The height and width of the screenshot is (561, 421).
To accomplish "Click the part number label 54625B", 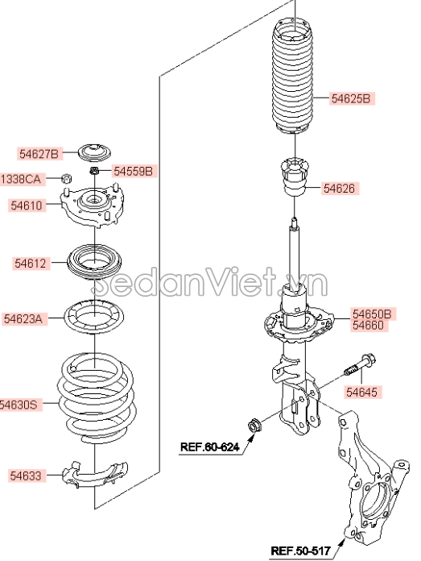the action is [x=352, y=98].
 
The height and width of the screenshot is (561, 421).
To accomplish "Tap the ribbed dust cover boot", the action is [x=293, y=80].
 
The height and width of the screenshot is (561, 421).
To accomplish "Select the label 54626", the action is [x=340, y=188].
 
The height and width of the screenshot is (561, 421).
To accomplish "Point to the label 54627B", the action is [x=39, y=154].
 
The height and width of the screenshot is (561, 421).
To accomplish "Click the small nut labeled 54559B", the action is [x=94, y=171].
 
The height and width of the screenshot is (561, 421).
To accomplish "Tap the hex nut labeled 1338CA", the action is [x=67, y=178].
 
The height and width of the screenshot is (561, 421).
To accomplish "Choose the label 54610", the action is [x=27, y=206].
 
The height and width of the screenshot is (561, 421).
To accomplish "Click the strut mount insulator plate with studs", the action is [x=92, y=207].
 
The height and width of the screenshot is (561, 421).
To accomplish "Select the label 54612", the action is [x=31, y=264].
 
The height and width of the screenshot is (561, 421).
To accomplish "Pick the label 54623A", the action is [x=23, y=318].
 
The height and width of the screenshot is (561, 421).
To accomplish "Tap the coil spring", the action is [x=96, y=397].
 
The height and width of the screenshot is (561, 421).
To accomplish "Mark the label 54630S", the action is [x=19, y=405].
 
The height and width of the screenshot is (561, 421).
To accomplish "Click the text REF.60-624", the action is [x=209, y=447].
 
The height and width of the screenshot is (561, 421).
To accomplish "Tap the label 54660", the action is [x=368, y=325].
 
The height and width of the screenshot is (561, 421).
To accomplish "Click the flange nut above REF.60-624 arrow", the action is [x=254, y=426].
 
